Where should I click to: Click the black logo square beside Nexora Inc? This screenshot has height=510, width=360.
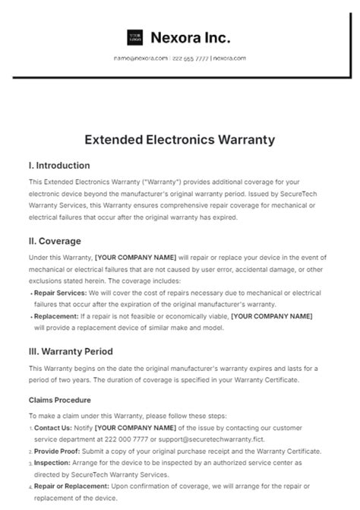135,37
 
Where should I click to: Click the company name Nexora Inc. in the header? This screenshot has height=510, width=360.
191,37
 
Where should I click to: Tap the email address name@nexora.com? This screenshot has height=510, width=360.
141,59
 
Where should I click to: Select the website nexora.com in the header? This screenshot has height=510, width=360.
229,59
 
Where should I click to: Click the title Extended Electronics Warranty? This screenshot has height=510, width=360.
180,141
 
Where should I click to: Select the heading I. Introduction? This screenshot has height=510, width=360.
58,165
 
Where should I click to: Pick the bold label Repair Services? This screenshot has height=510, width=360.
62,292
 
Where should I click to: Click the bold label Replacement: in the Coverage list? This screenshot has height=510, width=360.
56,315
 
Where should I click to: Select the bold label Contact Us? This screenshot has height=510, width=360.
52,428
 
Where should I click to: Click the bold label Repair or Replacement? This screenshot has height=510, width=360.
72,487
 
